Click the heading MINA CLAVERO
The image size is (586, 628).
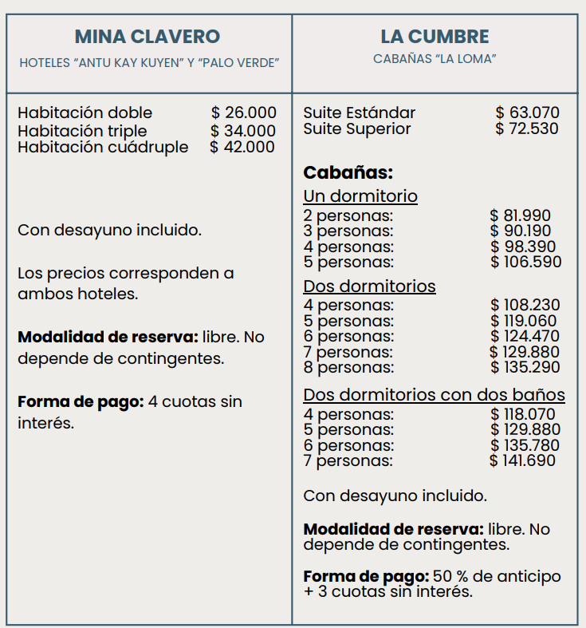(x=147, y=37)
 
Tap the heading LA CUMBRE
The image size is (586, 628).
(x=435, y=37)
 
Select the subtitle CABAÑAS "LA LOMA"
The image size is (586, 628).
(x=435, y=60)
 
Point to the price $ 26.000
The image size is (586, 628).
(x=244, y=113)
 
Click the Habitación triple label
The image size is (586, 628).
(x=82, y=130)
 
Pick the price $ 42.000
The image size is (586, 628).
(x=242, y=147)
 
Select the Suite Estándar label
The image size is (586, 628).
(x=359, y=113)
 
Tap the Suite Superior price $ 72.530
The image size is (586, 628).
(x=527, y=128)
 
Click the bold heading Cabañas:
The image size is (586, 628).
(x=348, y=172)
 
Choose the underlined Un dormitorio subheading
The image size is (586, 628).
(x=360, y=196)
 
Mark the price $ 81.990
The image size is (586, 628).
(x=521, y=215)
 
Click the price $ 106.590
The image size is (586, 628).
(x=526, y=262)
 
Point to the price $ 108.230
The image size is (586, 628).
(x=525, y=305)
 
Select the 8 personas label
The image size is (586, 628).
(x=348, y=367)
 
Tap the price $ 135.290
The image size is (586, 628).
(x=525, y=367)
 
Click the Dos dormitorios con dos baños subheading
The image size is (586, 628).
(x=435, y=395)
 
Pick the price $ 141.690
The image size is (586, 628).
(x=523, y=460)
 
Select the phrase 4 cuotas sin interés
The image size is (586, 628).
(x=195, y=401)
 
